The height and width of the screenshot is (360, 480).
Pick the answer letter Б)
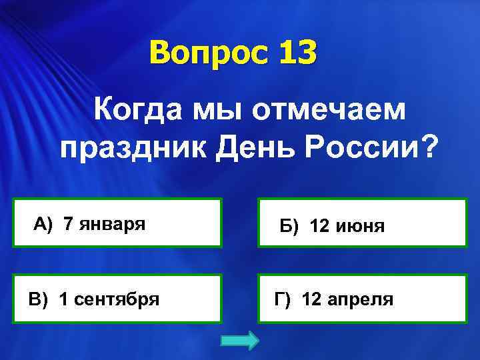[290, 227]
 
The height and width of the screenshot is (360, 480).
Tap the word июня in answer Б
[361, 227]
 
